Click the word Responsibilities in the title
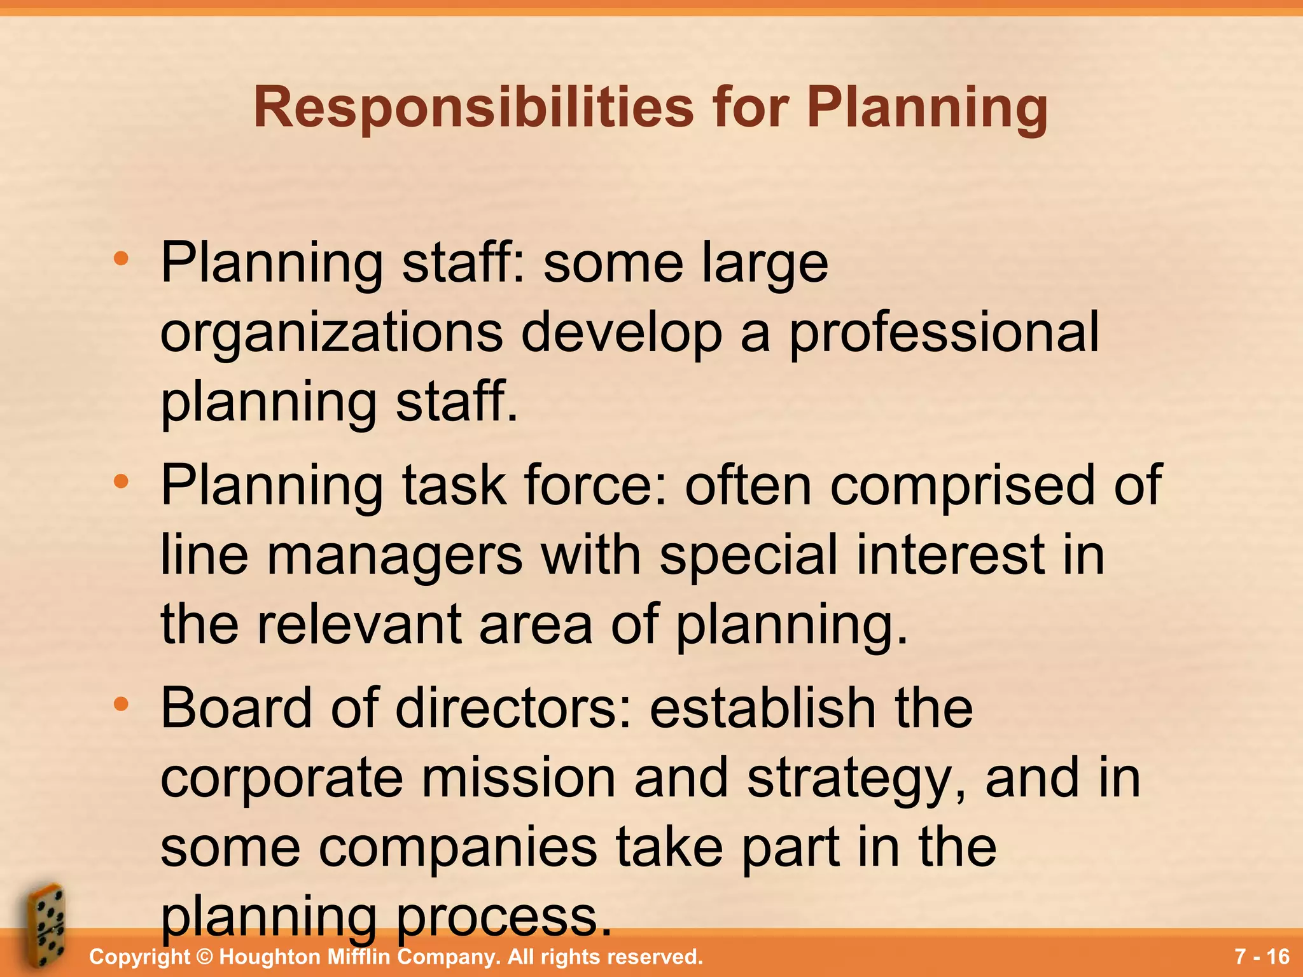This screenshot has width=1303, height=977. (x=473, y=108)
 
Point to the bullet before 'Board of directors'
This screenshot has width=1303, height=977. (x=120, y=705)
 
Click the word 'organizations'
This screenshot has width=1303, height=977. (x=331, y=333)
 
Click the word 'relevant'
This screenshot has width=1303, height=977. (x=359, y=625)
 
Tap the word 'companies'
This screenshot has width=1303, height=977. (x=457, y=849)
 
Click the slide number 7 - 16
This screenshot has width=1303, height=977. (x=1262, y=957)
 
